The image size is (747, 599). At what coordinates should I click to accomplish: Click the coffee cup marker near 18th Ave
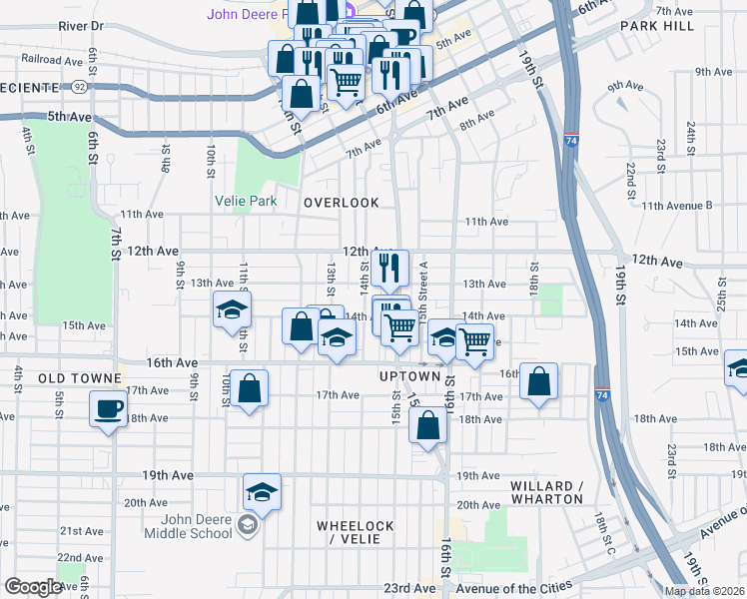(x=108, y=407)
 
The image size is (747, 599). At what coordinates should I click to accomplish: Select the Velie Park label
(x=246, y=201)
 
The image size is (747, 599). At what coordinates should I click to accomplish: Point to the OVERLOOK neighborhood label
(x=342, y=203)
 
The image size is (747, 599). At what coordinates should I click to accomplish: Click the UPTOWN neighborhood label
(x=409, y=376)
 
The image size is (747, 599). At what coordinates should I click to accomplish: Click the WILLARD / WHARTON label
(x=546, y=492)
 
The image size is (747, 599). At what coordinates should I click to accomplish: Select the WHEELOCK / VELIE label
(x=355, y=532)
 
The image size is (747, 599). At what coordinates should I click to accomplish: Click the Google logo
(x=34, y=587)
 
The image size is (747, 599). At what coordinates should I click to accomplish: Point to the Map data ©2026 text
(x=703, y=590)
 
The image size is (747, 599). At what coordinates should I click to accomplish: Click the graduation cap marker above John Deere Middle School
(x=262, y=491)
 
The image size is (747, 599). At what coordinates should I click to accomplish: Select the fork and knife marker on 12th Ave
(x=388, y=267)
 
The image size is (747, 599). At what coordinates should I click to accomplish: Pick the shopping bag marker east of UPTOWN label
(x=538, y=381)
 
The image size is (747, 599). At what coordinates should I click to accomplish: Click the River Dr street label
(x=81, y=24)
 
